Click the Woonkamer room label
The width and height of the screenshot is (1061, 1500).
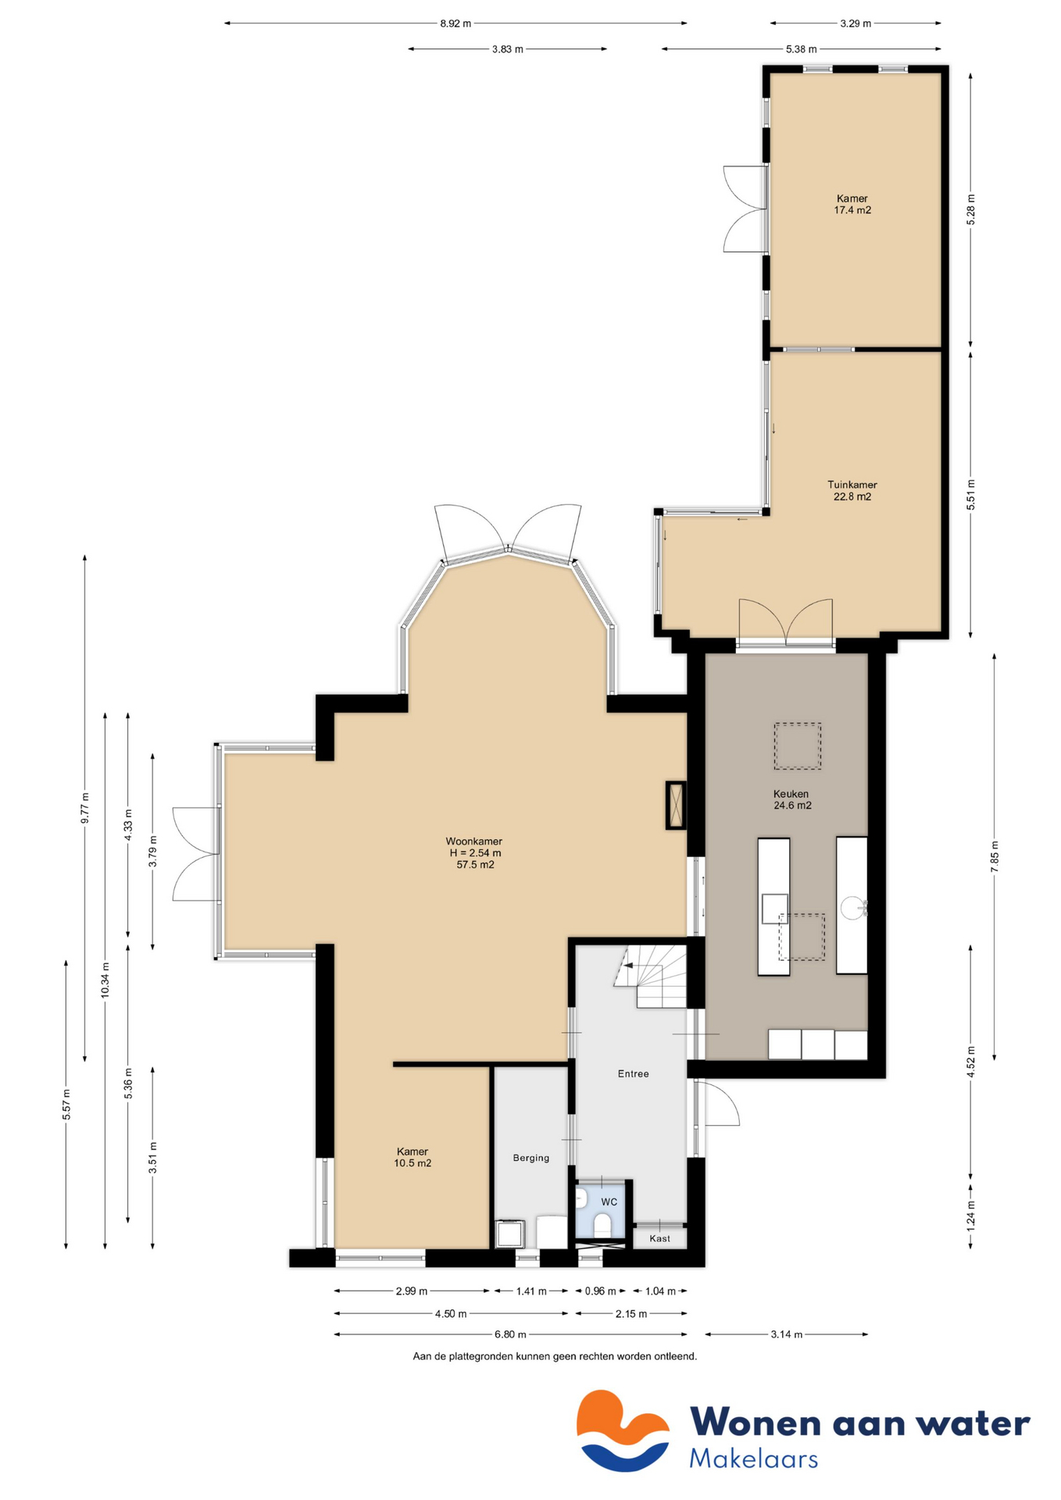(x=473, y=841)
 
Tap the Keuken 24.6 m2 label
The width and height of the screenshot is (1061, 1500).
(x=791, y=799)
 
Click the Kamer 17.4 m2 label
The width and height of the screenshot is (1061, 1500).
(x=852, y=204)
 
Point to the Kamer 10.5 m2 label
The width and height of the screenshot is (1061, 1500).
(x=412, y=1157)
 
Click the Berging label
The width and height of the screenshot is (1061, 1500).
(x=530, y=1158)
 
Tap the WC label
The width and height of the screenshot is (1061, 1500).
(x=609, y=1202)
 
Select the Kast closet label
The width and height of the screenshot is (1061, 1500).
(x=659, y=1238)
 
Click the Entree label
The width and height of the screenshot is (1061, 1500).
(x=633, y=1073)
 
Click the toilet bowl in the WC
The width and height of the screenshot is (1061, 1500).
(x=602, y=1223)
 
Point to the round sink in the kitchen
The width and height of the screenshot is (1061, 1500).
(x=852, y=908)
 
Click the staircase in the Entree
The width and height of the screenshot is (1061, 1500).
(x=655, y=977)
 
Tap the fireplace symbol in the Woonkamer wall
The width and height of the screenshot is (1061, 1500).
(x=676, y=805)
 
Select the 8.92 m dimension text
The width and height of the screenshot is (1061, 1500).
(x=455, y=23)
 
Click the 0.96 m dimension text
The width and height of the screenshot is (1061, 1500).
(x=600, y=1291)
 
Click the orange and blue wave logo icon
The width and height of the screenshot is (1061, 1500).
(x=623, y=1430)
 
